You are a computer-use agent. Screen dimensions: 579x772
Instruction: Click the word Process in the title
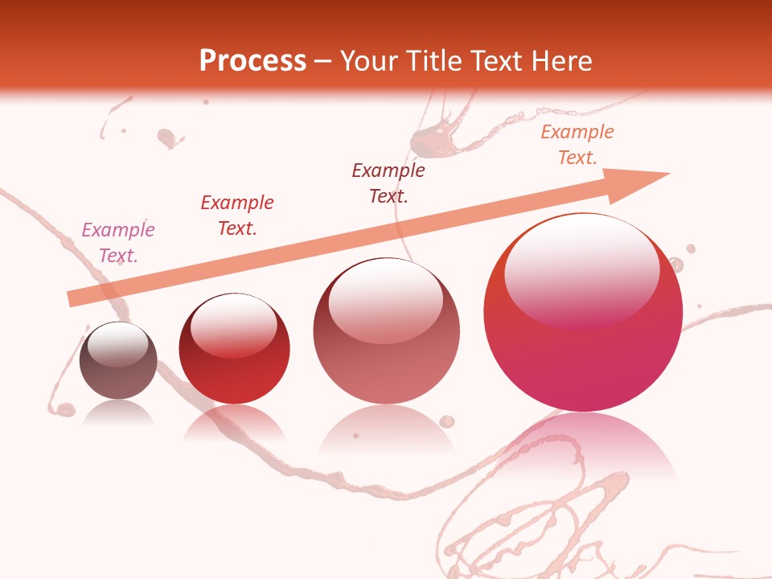click(253, 61)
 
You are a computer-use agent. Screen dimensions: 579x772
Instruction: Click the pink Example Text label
click(118, 243)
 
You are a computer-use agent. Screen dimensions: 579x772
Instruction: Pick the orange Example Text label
click(577, 145)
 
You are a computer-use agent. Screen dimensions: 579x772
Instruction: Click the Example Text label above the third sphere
click(388, 183)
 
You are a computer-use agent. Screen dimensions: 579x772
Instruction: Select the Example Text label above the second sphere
click(237, 215)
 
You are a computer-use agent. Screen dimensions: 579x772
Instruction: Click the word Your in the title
click(368, 61)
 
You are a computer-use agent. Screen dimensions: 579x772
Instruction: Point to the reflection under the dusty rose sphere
click(386, 430)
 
